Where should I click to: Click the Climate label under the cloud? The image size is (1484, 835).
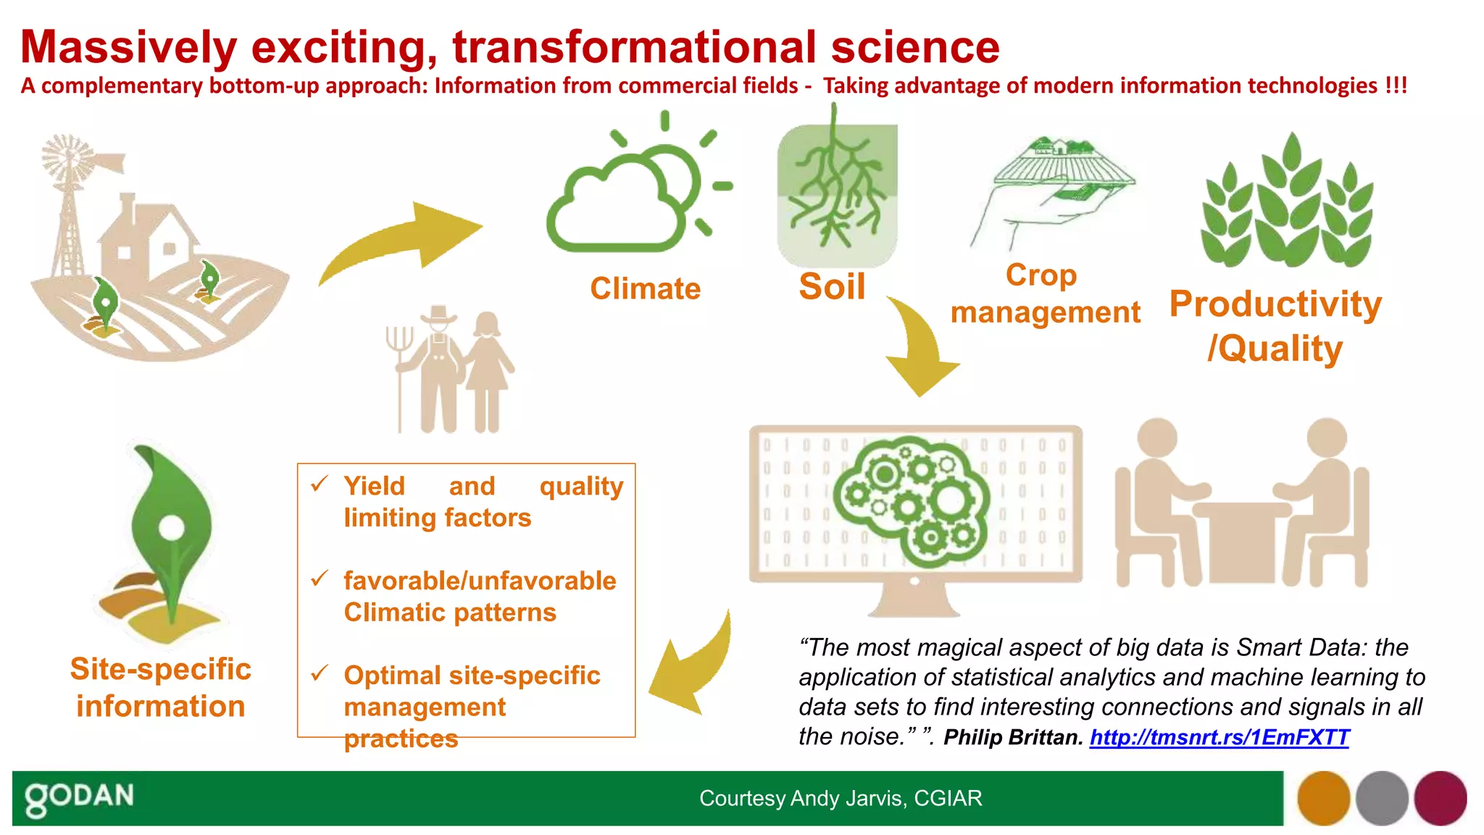coord(645,288)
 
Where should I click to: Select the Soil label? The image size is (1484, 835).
coord(832,286)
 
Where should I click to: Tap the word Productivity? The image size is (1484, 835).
coord(1275,304)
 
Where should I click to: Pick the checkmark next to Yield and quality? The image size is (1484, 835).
coord(320,483)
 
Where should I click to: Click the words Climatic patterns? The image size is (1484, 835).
coord(449,612)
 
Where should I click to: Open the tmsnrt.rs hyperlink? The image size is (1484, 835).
coord(1219,737)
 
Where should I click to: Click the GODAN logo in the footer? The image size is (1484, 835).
coord(80,797)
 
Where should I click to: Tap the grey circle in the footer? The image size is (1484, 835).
coord(1382,798)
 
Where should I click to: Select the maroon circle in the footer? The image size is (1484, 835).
coord(1440,798)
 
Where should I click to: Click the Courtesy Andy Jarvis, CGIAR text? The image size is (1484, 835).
coord(841,798)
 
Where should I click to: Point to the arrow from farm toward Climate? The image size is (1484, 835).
coord(406,243)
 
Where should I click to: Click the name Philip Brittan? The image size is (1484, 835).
coord(1012,737)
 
